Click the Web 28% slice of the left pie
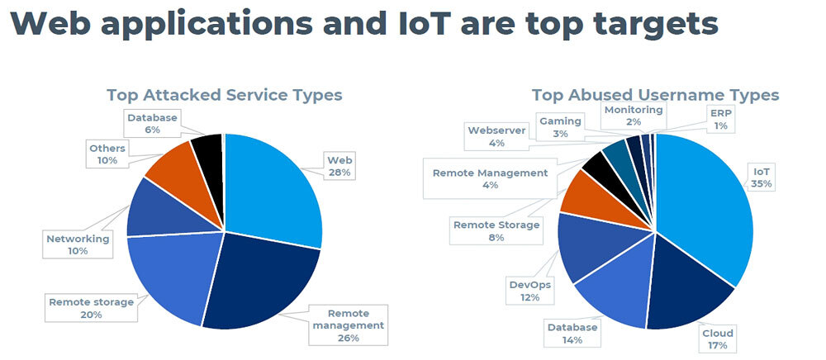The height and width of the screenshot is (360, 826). click(268, 186)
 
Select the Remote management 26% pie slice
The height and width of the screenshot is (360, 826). click(256, 281)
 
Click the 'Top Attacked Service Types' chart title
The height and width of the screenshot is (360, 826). click(224, 95)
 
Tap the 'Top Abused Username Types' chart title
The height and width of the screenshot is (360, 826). click(655, 95)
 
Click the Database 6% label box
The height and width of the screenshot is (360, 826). click(152, 124)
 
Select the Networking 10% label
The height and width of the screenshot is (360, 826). click(78, 244)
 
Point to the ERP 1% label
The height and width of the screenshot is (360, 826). click(719, 119)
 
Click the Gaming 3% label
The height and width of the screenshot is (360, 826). click(560, 127)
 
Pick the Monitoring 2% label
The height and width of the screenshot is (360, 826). click(633, 116)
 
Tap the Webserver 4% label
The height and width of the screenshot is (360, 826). click(496, 136)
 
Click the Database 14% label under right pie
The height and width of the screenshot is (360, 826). click(572, 334)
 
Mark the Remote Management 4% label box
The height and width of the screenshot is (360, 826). click(490, 178)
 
